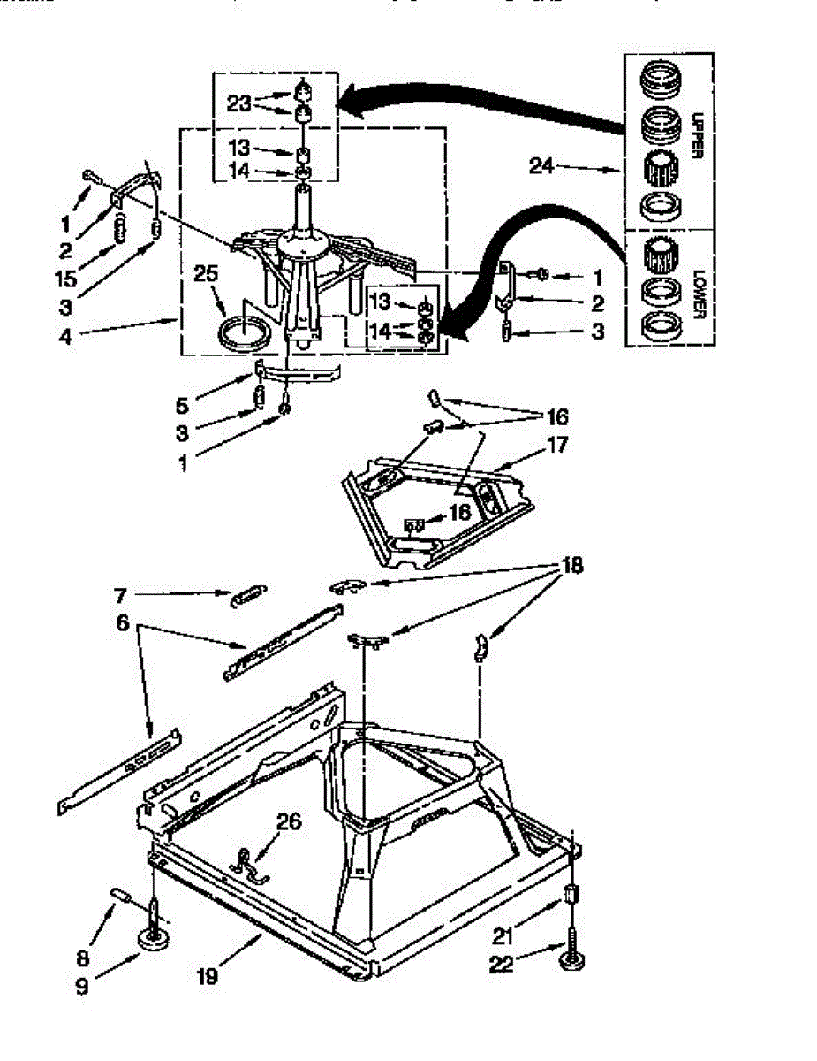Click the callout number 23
tap(240, 103)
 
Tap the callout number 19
tap(208, 977)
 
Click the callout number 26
tap(288, 823)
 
